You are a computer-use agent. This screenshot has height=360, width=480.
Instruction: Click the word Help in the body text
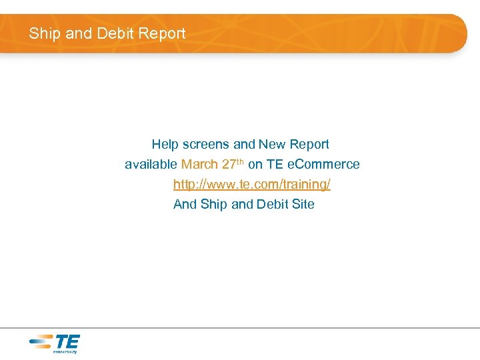point(164,144)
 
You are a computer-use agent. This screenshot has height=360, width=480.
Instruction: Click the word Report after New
point(309,144)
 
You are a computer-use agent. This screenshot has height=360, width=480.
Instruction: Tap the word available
point(151,164)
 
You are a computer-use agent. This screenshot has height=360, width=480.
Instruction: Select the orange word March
point(199,164)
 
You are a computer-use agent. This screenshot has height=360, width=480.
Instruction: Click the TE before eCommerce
point(275,164)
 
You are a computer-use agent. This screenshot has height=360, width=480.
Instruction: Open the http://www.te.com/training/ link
point(252,184)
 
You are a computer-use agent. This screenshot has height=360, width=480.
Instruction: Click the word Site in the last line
point(303,204)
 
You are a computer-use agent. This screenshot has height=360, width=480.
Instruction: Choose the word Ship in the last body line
point(214,204)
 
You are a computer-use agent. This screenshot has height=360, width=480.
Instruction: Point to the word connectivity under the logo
point(65,351)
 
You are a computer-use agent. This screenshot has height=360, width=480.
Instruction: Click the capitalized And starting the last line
point(185,204)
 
